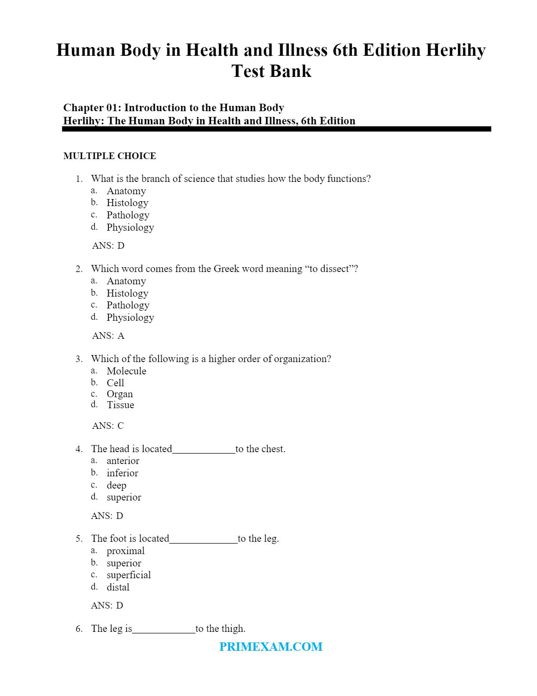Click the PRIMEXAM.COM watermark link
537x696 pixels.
pyautogui.click(x=271, y=646)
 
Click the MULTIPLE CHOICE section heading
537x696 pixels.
pyautogui.click(x=110, y=156)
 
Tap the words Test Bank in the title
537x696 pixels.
pyautogui.click(x=272, y=71)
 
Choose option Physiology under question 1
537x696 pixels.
pyautogui.click(x=130, y=227)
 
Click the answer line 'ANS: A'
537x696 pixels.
pyautogui.click(x=108, y=336)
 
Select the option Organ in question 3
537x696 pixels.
pyautogui.click(x=120, y=394)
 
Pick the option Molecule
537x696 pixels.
pyautogui.click(x=126, y=371)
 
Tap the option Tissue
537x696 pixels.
pyautogui.click(x=120, y=405)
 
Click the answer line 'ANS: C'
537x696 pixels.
pyautogui.click(x=108, y=426)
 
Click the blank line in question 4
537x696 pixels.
pyautogui.click(x=204, y=449)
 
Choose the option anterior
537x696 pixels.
pyautogui.click(x=123, y=460)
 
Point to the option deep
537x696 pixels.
pyautogui.click(x=116, y=485)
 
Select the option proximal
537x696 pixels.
pyautogui.click(x=125, y=551)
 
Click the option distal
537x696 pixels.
pyautogui.click(x=118, y=587)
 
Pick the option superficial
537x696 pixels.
pyautogui.click(x=129, y=575)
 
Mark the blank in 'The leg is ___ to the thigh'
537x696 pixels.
pyautogui.click(x=164, y=629)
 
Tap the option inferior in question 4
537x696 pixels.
pyautogui.click(x=122, y=473)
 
